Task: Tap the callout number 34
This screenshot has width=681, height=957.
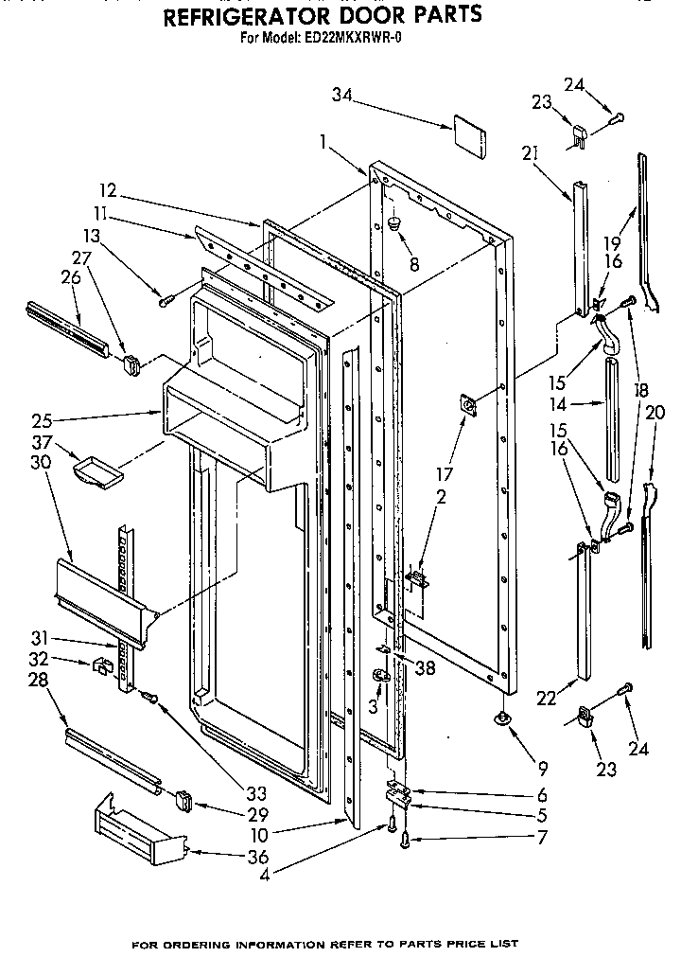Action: (x=341, y=94)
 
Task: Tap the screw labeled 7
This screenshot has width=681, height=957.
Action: (x=406, y=837)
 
